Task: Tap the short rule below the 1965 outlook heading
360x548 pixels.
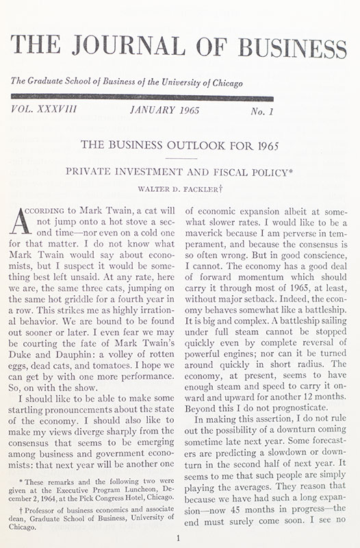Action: (x=181, y=158)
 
